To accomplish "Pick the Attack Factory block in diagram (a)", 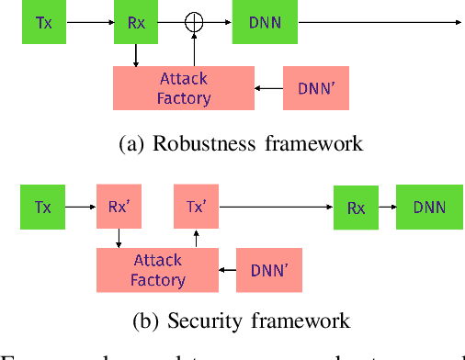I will point(183,89).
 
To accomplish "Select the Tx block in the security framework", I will point(44,207).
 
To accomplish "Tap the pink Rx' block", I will point(119,207).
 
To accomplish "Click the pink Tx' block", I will point(196,207).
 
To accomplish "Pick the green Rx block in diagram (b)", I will point(356,208).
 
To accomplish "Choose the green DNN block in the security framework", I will point(429,207).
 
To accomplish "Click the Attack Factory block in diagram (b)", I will point(157,270).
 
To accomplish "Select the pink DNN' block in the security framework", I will point(268,270).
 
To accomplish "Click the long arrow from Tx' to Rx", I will point(276,208).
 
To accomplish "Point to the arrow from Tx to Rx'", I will point(82,208).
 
